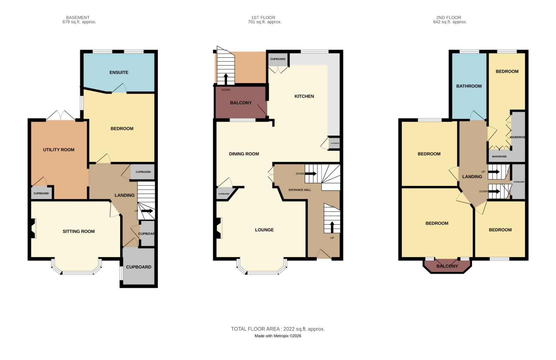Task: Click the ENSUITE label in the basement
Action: click(119, 72)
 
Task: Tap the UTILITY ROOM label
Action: click(59, 150)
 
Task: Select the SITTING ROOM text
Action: click(79, 231)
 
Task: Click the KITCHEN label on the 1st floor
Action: click(304, 96)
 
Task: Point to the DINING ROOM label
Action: click(244, 154)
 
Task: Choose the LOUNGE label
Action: click(264, 230)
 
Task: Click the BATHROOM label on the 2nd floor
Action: click(469, 86)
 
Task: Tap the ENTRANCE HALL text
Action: click(300, 190)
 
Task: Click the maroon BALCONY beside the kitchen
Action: click(240, 103)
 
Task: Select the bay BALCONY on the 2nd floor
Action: click(447, 266)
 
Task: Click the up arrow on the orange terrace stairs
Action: click(226, 79)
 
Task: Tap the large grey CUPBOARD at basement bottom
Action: click(138, 267)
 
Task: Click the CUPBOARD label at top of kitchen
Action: click(277, 59)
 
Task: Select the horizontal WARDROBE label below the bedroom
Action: click(499, 157)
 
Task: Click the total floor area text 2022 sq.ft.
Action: click(278, 329)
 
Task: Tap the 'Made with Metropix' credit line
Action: click(278, 336)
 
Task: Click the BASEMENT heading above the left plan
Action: click(78, 17)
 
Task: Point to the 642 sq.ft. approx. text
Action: click(450, 22)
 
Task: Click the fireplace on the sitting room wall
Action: click(33, 228)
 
